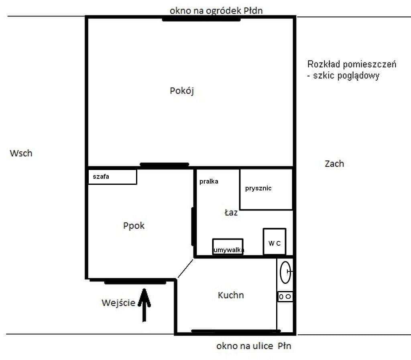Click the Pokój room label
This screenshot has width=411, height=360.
point(182,91)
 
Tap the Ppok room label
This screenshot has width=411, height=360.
point(134,226)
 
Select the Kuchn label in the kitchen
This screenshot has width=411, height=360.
point(231,295)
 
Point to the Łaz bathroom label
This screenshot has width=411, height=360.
point(231,212)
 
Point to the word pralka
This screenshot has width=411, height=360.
point(209,182)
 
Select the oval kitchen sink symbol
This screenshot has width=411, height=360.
point(285,272)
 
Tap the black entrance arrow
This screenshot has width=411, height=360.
point(144,305)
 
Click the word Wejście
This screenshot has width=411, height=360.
point(118,303)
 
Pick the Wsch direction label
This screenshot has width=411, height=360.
point(21,153)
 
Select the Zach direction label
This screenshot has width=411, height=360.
point(334,164)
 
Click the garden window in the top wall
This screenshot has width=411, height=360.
point(201,19)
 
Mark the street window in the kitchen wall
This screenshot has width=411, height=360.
point(236,331)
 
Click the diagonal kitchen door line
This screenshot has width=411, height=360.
point(185,268)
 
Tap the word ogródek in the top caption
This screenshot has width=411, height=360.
point(223,11)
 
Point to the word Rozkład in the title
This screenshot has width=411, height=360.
point(324,64)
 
